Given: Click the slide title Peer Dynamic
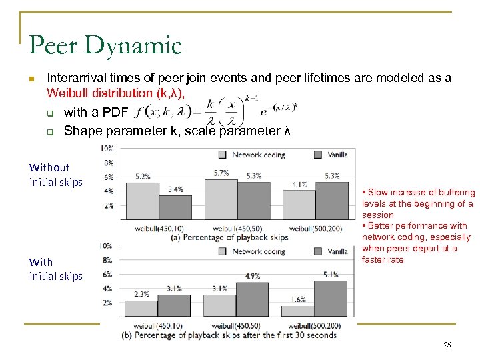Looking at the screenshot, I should [105, 45].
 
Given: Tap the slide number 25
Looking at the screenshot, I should [447, 345].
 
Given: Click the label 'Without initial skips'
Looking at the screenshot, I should [56, 175].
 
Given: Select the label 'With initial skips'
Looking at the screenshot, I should [56, 269].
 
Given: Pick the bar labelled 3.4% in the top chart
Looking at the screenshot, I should [175, 205].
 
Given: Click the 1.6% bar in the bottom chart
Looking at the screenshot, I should [298, 311].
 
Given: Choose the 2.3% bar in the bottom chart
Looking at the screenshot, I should [141, 308].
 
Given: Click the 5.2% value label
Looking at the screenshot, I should [143, 177].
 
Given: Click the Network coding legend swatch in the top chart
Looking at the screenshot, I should [223, 155].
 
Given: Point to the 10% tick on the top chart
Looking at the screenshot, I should [106, 148].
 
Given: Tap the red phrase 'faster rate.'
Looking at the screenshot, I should [385, 259].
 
